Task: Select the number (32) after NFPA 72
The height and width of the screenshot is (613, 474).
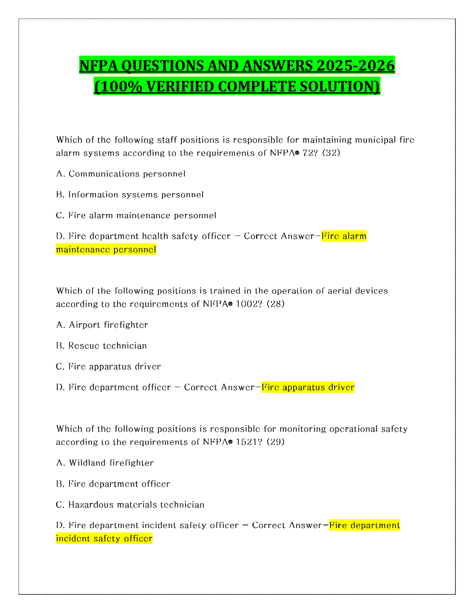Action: click(x=331, y=153)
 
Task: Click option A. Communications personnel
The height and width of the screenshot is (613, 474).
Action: click(x=121, y=174)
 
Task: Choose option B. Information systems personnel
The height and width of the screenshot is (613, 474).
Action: click(x=130, y=194)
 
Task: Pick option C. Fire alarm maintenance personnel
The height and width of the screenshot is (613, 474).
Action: click(x=136, y=215)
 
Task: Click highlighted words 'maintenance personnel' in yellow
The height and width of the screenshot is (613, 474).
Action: click(x=106, y=249)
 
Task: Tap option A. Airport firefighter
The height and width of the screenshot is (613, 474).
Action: click(x=102, y=325)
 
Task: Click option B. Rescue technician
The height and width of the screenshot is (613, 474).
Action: click(x=101, y=345)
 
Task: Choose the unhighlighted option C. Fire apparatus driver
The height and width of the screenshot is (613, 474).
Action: click(x=108, y=366)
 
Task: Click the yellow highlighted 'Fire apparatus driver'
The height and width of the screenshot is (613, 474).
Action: click(x=308, y=387)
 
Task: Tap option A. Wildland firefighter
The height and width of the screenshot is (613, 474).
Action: click(x=105, y=463)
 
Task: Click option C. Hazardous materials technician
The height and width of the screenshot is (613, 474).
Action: click(x=130, y=505)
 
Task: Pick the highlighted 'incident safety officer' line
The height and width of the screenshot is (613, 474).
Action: click(x=104, y=539)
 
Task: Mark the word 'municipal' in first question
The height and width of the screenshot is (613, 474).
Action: click(x=375, y=140)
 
